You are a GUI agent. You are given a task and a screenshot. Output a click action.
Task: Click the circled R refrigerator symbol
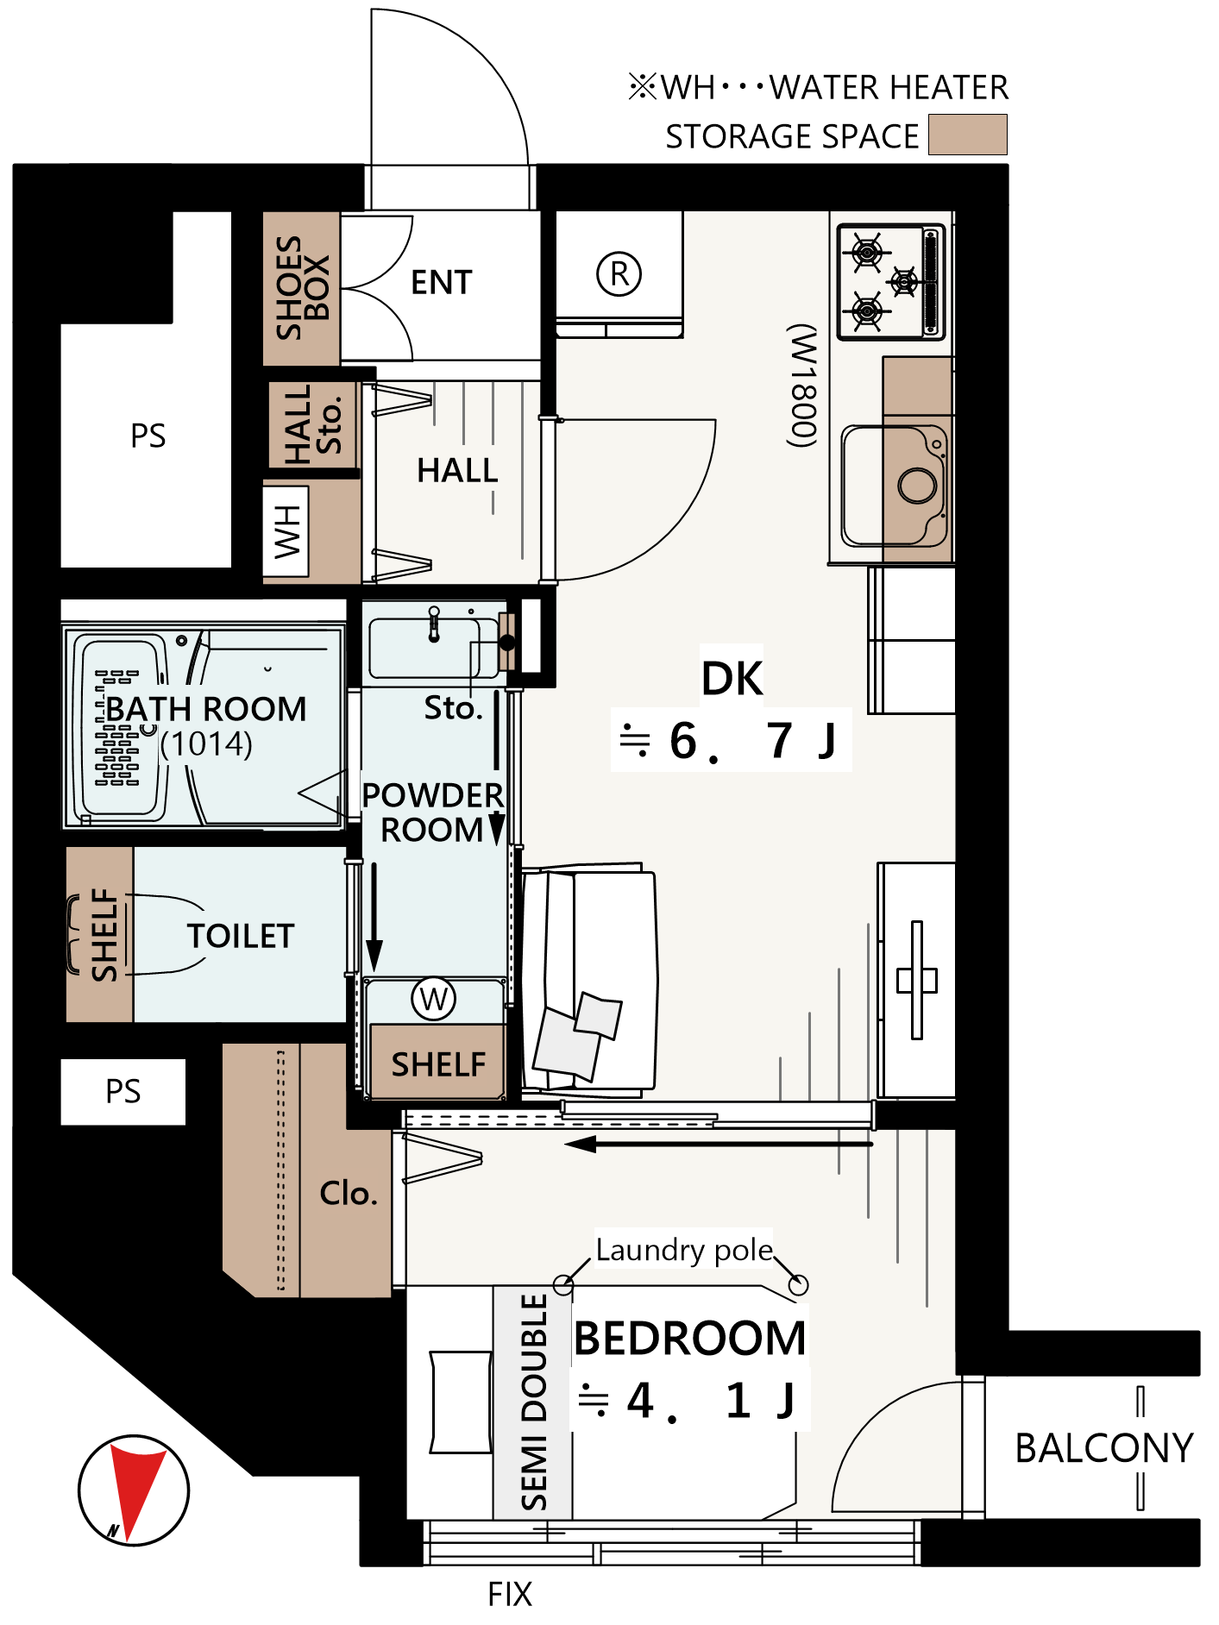coord(619,274)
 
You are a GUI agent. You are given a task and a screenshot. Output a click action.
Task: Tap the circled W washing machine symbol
coord(433,999)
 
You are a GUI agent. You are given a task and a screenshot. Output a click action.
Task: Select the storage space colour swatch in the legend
coord(967,135)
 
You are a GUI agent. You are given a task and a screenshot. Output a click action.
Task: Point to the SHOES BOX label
coord(302,288)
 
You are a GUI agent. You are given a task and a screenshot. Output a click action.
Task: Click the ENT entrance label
coord(441,282)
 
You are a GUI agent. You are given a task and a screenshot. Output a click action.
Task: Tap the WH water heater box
coord(286,531)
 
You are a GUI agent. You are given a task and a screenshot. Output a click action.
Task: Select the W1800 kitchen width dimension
coord(802,386)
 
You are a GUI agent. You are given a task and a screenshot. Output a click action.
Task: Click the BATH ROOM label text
coord(205,709)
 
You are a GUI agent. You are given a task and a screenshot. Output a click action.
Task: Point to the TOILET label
coord(241,936)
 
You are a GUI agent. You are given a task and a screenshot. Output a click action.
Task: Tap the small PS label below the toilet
coord(123,1091)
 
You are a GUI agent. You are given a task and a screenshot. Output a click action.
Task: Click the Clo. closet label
coord(349,1193)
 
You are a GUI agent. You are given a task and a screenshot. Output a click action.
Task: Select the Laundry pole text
coord(684,1250)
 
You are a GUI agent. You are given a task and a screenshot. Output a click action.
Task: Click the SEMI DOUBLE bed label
coord(534,1402)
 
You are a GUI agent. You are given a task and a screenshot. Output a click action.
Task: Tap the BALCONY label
coord(1104,1448)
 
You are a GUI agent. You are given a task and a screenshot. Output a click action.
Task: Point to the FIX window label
coord(510,1594)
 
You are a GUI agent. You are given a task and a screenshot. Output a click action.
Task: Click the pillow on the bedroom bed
coord(461,1402)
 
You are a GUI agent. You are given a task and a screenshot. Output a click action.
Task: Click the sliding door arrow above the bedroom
coord(719,1144)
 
